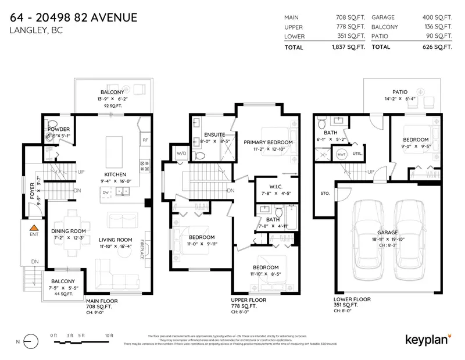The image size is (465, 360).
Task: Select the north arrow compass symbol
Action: pyautogui.click(x=27, y=341)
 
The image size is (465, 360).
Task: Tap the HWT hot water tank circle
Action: pyautogui.click(x=342, y=155)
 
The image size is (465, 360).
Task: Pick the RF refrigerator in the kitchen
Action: pyautogui.click(x=145, y=140)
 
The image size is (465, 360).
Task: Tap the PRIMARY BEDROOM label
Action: pyautogui.click(x=268, y=142)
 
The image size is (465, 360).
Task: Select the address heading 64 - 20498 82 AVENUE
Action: pyautogui.click(x=74, y=17)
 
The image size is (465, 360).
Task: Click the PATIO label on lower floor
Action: pyautogui.click(x=399, y=92)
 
